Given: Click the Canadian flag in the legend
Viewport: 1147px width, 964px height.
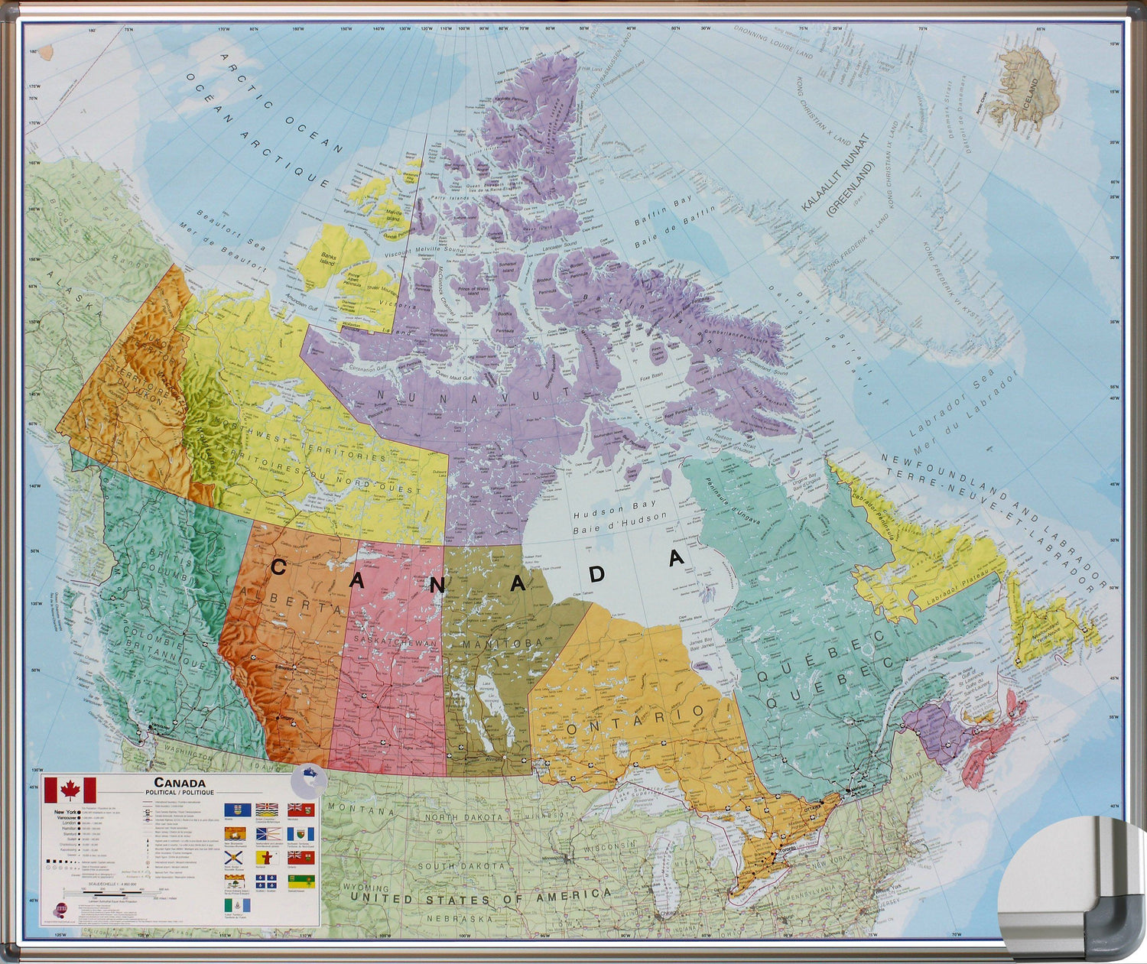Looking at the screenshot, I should (x=70, y=790).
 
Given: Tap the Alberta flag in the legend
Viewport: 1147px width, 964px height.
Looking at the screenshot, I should (x=237, y=809).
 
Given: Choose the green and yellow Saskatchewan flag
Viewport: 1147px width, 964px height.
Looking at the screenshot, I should (x=301, y=882).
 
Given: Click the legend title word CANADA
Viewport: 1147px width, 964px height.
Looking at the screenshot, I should (x=179, y=783).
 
